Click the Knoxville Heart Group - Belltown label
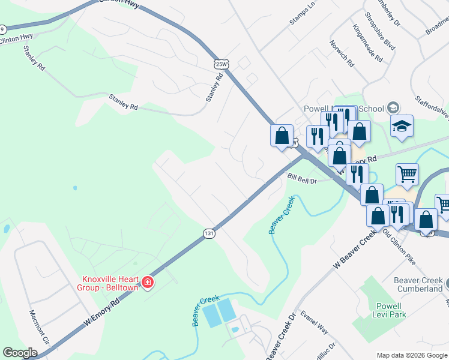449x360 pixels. click(110, 283)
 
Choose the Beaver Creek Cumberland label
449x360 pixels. click(418, 284)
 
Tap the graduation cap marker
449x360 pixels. click(402, 127)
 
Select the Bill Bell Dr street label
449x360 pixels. click(301, 179)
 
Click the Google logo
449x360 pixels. click(20, 353)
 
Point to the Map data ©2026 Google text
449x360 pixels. click(412, 355)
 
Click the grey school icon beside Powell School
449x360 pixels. click(393, 108)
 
